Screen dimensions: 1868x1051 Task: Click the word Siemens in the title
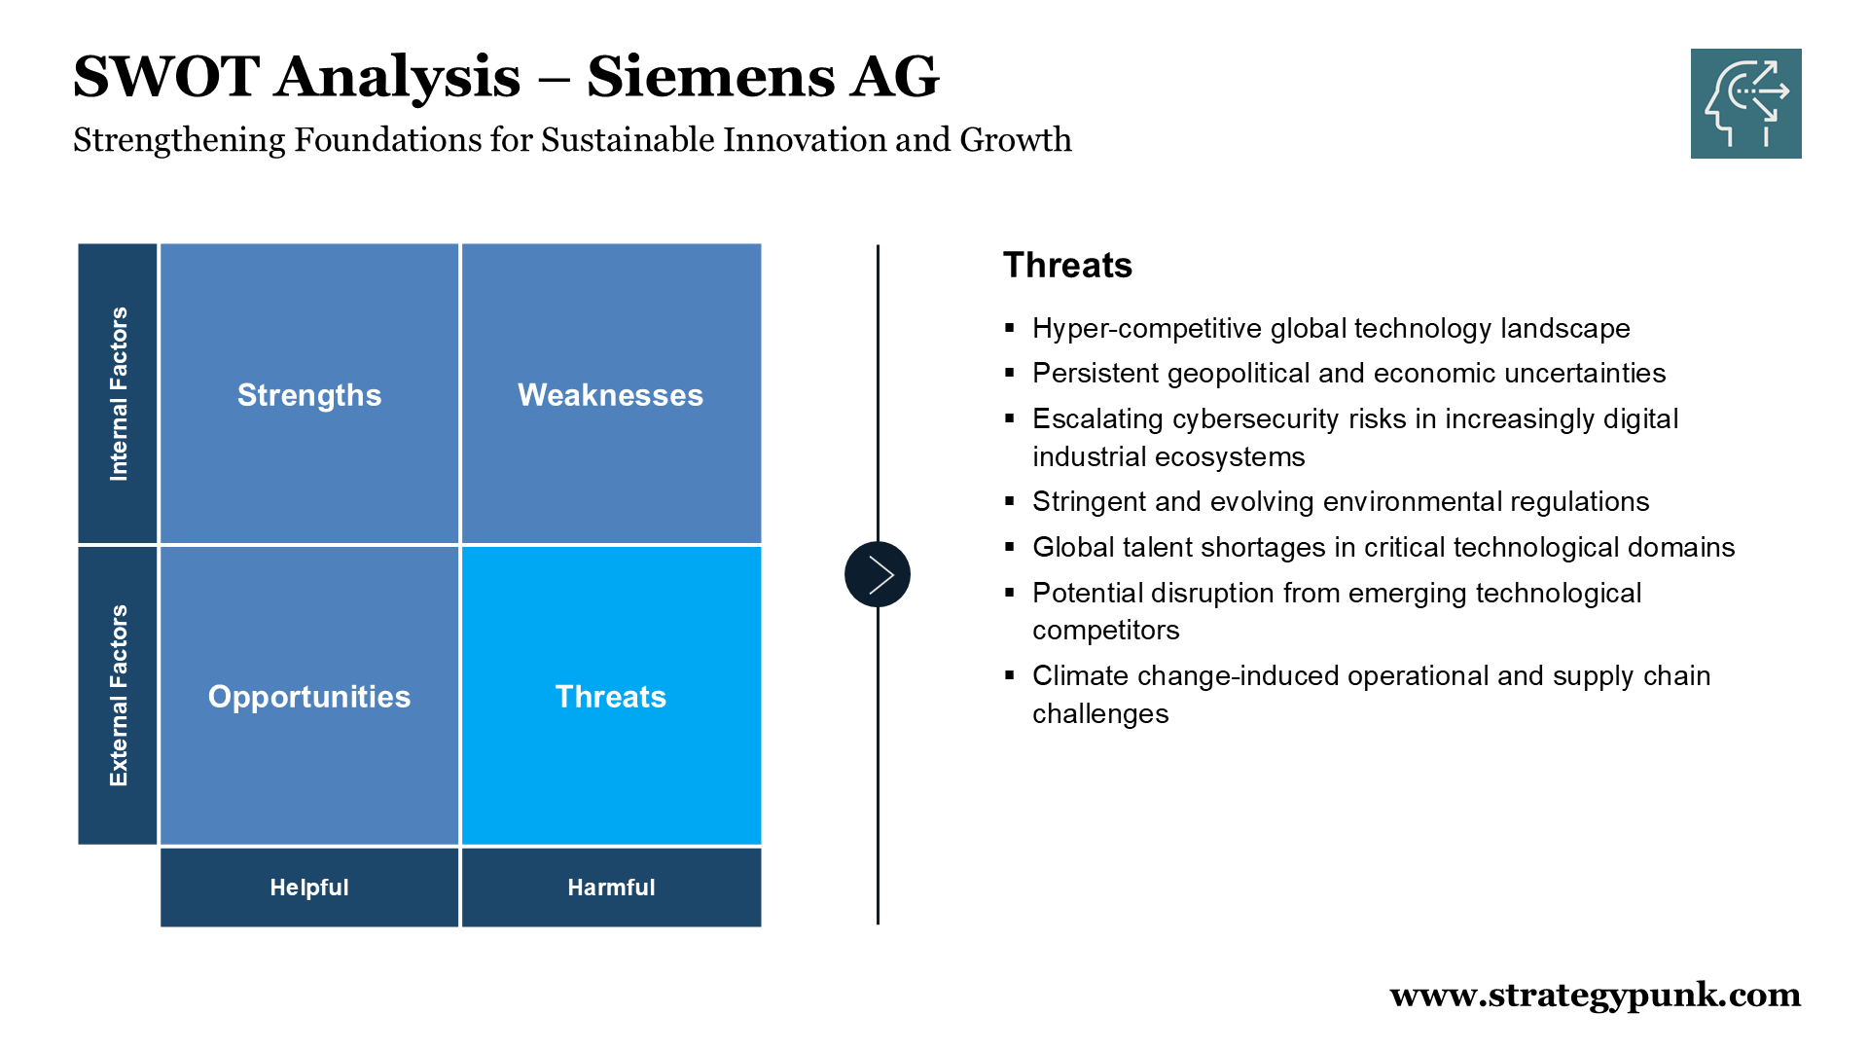[709, 76]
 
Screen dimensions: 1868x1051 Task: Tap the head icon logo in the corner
[1745, 103]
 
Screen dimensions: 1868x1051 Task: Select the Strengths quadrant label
[309, 395]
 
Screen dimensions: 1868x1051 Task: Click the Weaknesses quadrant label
[610, 395]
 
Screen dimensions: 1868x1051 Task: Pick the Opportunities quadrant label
[309, 697]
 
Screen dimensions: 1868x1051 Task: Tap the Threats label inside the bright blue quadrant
[611, 697]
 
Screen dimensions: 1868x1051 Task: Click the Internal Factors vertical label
[119, 394]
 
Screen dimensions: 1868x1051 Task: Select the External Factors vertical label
[119, 696]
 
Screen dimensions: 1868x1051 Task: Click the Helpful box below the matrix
[309, 888]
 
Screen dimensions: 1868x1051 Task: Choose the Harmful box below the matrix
[611, 888]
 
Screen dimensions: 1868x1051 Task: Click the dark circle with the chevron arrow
[878, 574]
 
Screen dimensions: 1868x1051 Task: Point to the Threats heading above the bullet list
[1067, 265]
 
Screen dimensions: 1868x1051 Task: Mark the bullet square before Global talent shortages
[1010, 547]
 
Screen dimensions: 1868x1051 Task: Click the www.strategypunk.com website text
[1596, 996]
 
